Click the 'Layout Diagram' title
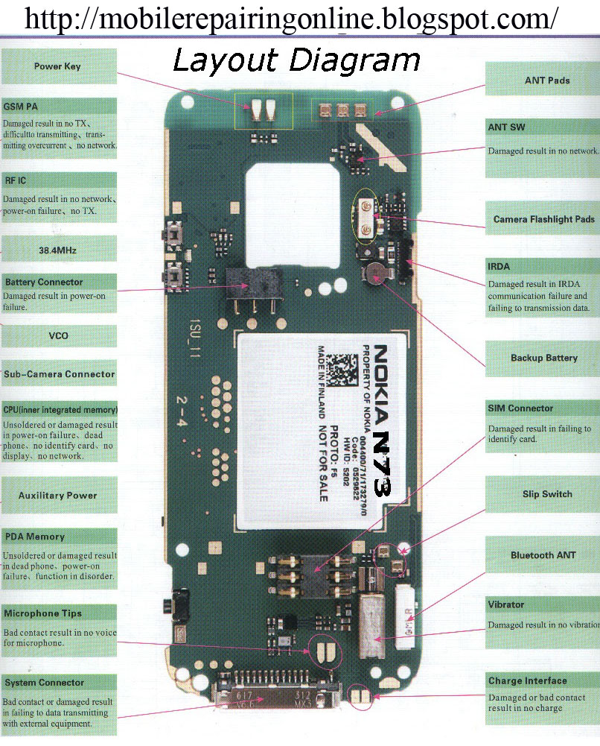(296, 59)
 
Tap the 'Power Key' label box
(57, 66)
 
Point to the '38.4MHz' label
(58, 251)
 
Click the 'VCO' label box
(57, 335)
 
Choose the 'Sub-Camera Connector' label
(59, 374)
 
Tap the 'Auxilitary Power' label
(57, 495)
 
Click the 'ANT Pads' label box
(547, 80)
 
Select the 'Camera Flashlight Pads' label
(543, 220)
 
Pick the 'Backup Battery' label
(543, 358)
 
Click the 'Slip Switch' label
(547, 494)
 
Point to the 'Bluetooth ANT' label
(543, 555)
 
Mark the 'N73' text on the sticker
(382, 462)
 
